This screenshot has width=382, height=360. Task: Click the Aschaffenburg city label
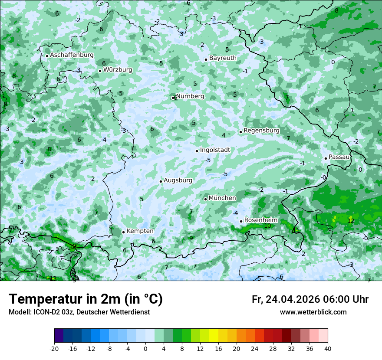(72, 55)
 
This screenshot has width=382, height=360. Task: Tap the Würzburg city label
(118, 70)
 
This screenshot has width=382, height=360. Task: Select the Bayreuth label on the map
(223, 58)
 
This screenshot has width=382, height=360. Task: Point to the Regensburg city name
(261, 131)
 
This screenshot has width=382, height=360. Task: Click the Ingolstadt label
(215, 150)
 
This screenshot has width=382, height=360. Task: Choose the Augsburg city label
(178, 180)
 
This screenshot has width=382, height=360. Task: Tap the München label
(222, 198)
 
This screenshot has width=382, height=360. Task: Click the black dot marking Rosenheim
(241, 221)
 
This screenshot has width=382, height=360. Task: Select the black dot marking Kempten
(123, 232)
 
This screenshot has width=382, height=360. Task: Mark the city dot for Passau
(326, 158)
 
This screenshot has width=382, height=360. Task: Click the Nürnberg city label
(190, 96)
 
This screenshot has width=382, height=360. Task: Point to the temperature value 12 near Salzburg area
(351, 221)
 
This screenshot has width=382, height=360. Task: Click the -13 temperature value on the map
(52, 278)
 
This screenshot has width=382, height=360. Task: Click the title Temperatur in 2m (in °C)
(86, 299)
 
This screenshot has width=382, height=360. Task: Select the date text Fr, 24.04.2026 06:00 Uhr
(310, 299)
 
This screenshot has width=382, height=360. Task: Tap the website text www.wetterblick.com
(313, 312)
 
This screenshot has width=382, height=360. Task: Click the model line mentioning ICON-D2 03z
(79, 312)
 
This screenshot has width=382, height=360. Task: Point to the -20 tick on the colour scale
(54, 349)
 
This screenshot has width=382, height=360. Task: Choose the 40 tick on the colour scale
(328, 349)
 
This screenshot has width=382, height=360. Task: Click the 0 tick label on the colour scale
(145, 349)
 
